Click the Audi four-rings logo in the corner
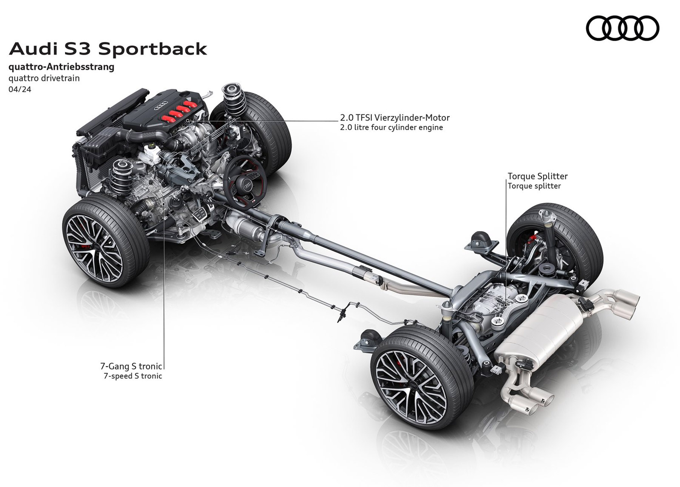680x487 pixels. point(622,28)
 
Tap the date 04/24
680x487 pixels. point(20,90)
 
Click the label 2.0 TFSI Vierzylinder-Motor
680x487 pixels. point(395,118)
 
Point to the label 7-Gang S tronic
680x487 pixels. point(131,366)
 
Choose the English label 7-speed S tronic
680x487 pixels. point(133,376)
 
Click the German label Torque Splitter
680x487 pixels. point(537,176)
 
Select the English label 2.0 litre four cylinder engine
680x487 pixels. point(391,127)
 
